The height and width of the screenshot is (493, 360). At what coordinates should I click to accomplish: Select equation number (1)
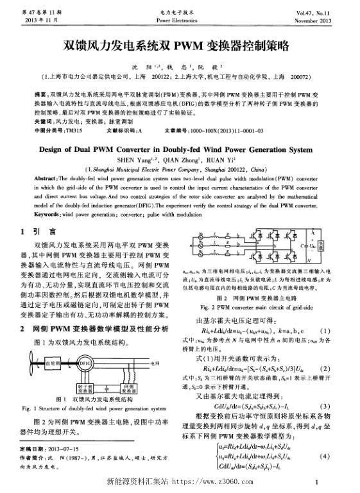(x=344, y=330)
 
